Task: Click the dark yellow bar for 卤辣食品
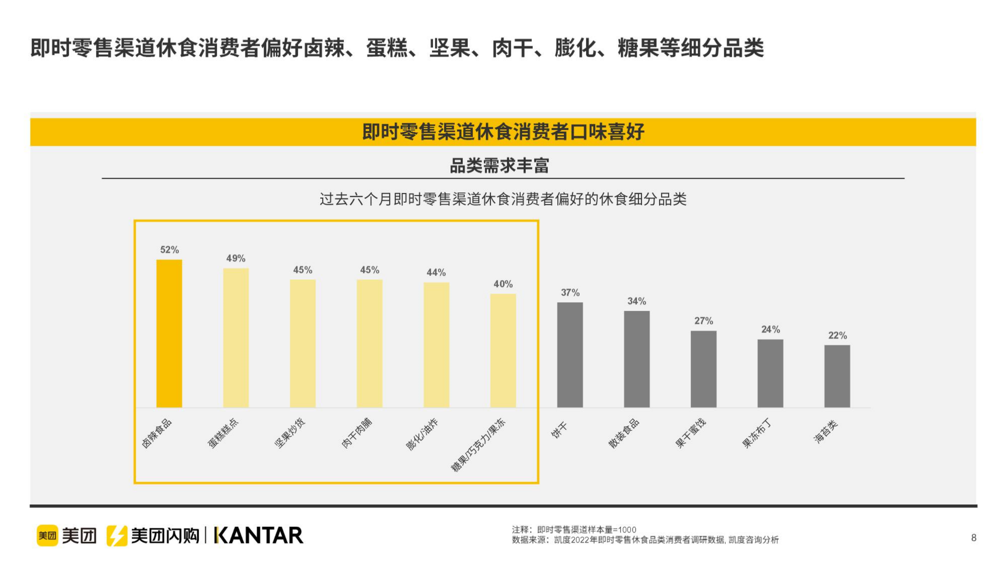click(x=169, y=333)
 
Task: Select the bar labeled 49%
click(x=236, y=338)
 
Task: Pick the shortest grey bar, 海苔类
click(x=837, y=376)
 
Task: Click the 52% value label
click(x=169, y=249)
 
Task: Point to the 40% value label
click(x=503, y=284)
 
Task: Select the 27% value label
click(x=703, y=321)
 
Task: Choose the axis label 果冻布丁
click(x=757, y=433)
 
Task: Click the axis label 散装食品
click(x=623, y=433)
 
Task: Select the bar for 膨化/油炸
click(x=436, y=345)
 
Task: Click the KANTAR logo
click(x=259, y=536)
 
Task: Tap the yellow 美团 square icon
click(x=47, y=536)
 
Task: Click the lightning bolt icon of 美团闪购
click(x=117, y=536)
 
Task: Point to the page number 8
click(x=974, y=538)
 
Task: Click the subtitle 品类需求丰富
click(x=500, y=166)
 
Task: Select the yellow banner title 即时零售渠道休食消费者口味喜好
click(x=503, y=132)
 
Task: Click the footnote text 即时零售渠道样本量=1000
click(x=586, y=530)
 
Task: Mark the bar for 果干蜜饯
click(x=703, y=369)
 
